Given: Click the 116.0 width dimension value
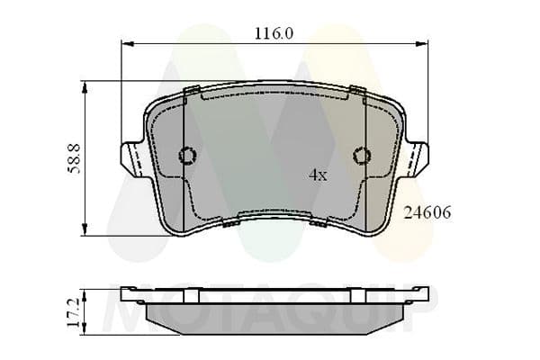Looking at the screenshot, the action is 274,34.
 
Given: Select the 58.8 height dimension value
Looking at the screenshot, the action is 74,158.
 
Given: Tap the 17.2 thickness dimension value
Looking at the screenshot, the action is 74,312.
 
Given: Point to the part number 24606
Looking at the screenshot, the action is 427,213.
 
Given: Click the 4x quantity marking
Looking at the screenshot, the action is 318,175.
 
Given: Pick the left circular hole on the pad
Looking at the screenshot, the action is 188,156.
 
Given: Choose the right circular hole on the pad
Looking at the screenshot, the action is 362,156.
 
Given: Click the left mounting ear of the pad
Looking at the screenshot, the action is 132,158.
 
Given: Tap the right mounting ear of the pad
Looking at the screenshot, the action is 418,158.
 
